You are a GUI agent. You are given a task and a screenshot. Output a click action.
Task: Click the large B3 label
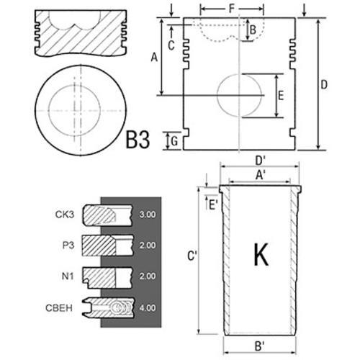coord(138,140)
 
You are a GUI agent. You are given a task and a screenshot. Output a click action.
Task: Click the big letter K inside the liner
coord(261,254)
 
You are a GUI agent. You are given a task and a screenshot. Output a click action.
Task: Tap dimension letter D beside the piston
coord(324,84)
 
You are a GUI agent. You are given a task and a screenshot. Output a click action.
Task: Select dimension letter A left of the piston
coord(154,58)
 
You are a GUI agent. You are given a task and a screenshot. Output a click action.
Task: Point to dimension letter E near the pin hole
coord(281,95)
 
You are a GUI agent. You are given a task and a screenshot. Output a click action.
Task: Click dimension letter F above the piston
coord(232,9)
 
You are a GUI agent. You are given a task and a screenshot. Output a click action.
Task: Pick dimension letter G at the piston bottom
coord(174,141)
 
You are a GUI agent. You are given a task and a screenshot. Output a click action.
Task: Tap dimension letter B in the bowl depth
coord(253,30)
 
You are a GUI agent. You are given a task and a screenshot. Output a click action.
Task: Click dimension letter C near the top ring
coord(171,45)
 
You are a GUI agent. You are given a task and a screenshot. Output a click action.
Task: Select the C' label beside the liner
coord(192,256)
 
